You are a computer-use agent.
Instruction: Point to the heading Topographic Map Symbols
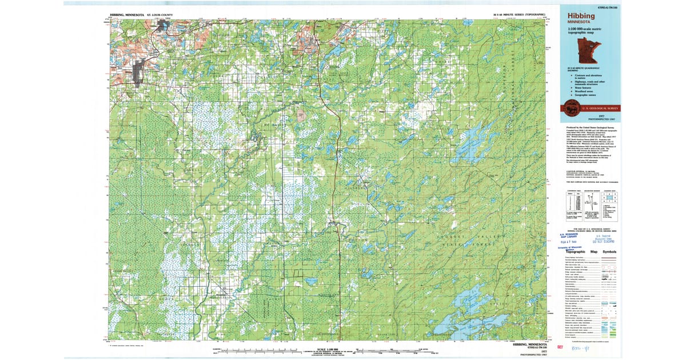pos(587,251)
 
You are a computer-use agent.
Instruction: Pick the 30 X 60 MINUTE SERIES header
pos(520,14)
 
